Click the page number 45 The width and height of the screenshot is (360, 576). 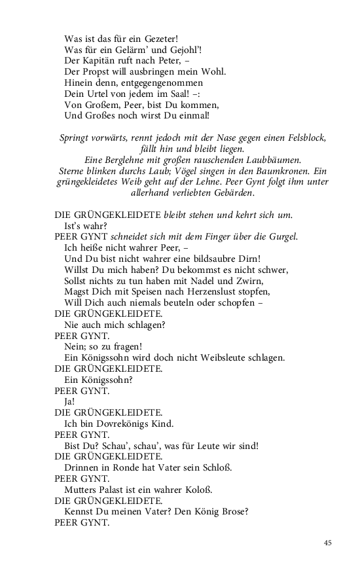tap(328, 543)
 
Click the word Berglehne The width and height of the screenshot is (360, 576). tap(121, 159)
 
